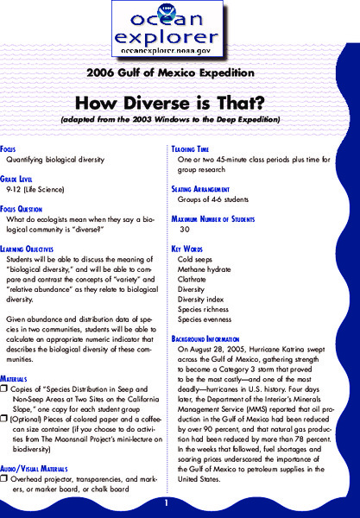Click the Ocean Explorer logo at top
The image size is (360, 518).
(x=180, y=32)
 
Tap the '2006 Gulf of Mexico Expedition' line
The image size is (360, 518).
(x=180, y=73)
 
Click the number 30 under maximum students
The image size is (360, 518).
(x=184, y=231)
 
